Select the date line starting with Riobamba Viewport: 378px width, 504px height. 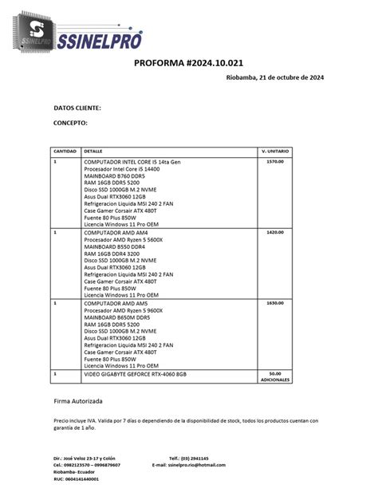click(x=274, y=77)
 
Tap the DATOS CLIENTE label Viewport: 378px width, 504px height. click(x=77, y=107)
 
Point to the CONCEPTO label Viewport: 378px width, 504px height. click(x=70, y=123)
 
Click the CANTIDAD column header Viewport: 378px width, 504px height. click(x=65, y=151)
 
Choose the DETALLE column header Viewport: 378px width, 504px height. click(x=93, y=151)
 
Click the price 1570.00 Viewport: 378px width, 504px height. click(x=275, y=162)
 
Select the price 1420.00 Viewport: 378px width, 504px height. click(x=275, y=232)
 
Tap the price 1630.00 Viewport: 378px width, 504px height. click(x=275, y=303)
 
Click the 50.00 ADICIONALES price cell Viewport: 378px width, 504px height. click(x=275, y=376)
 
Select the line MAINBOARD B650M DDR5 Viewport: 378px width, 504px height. click(x=120, y=317)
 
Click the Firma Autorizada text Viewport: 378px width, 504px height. click(x=77, y=401)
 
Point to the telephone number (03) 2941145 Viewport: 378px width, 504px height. click(x=195, y=459)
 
